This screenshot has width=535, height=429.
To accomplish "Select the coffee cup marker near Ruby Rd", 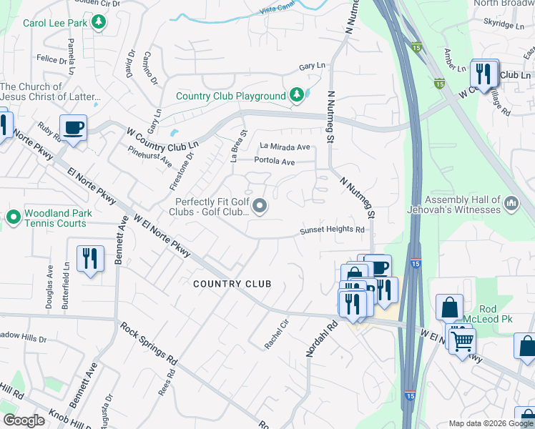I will [x=73, y=129].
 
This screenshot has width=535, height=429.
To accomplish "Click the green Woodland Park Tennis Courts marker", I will [x=13, y=215].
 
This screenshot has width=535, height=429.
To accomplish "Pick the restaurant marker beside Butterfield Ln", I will [x=90, y=258].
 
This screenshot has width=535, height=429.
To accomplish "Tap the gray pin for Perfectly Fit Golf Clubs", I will [x=260, y=207].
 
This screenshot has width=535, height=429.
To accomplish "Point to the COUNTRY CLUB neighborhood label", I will [x=232, y=284].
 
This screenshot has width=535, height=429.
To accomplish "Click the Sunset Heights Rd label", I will [x=332, y=230].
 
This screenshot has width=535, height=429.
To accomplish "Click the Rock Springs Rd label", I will [x=148, y=342].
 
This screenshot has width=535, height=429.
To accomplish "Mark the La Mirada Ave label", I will [x=285, y=147].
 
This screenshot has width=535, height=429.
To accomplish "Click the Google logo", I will [x=24, y=420].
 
